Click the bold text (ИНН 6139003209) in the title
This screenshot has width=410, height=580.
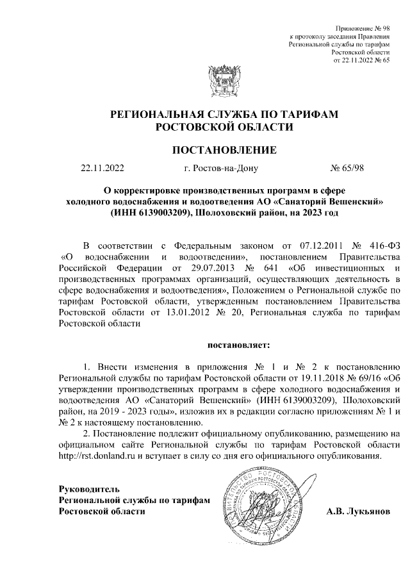[151, 212]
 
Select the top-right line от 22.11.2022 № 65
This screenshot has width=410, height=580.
[362, 61]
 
